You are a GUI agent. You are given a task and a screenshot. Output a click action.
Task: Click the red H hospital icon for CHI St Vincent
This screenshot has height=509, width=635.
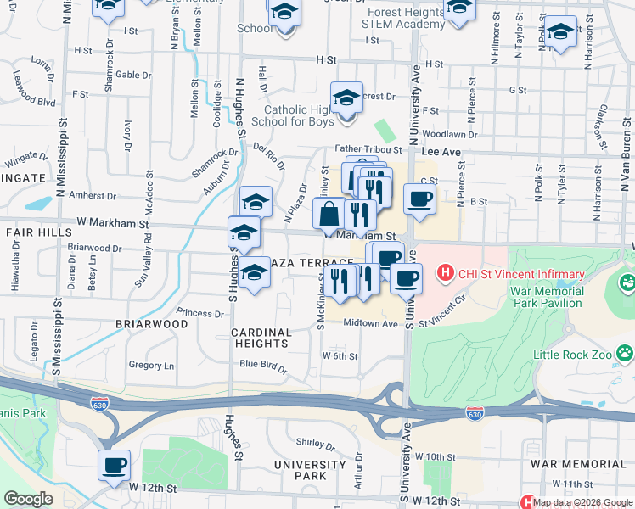click(442, 273)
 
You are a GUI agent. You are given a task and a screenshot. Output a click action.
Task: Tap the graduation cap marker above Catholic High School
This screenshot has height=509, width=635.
click(346, 98)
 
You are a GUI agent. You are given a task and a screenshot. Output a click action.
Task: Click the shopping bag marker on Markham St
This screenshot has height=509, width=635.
click(329, 214)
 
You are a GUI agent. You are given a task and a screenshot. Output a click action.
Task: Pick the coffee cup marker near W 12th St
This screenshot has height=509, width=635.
click(114, 465)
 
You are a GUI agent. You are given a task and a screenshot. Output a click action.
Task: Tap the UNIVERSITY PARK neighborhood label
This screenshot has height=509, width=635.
click(310, 471)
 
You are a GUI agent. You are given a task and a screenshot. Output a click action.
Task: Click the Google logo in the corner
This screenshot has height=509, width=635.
click(28, 499)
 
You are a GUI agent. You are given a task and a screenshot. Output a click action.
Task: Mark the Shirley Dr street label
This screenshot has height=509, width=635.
click(316, 442)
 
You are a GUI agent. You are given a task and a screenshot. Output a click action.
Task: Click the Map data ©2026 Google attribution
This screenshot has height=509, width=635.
click(582, 502)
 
